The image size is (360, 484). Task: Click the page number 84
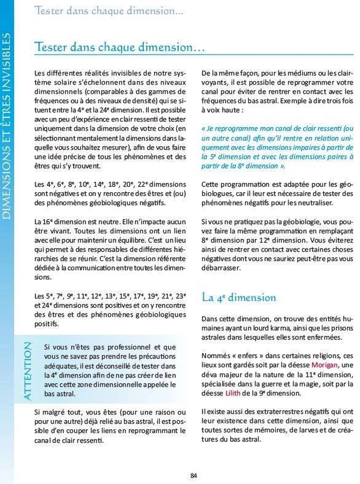coord(194,475)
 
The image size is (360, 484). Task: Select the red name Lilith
coord(229,392)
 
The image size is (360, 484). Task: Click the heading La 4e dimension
coord(239,297)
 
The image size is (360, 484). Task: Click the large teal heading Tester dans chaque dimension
coord(119,47)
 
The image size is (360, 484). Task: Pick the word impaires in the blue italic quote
coord(313,147)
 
